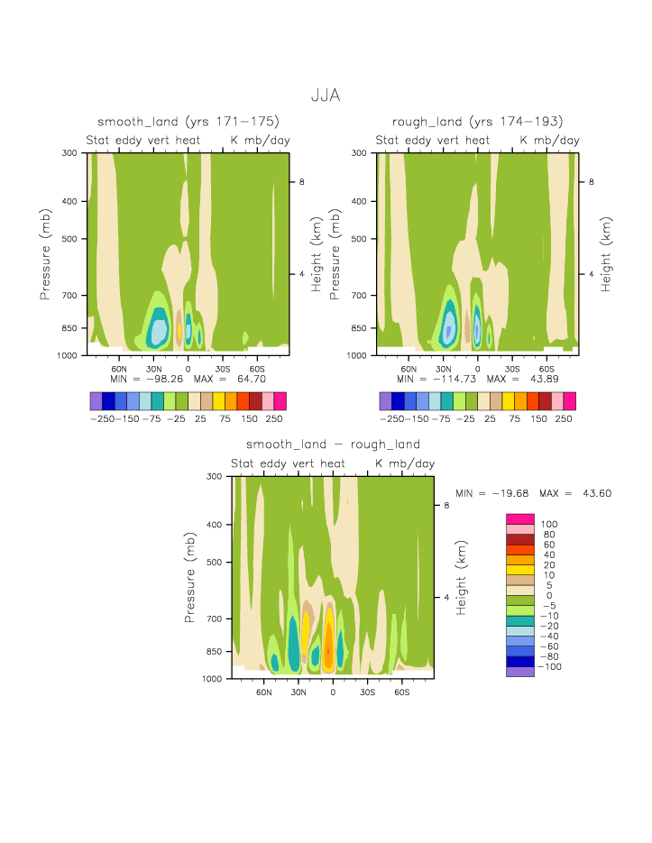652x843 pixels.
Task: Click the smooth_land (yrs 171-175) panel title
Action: tap(188, 122)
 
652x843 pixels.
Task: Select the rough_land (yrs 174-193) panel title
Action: tap(477, 122)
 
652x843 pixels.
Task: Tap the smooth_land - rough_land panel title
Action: tap(333, 444)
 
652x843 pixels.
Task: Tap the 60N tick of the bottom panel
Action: tap(264, 692)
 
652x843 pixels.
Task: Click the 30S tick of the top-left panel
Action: tap(222, 369)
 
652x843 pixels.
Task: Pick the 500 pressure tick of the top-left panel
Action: tap(73, 239)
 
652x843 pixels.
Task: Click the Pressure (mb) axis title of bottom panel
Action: tap(190, 577)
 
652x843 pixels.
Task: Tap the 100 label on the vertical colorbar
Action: tap(548, 524)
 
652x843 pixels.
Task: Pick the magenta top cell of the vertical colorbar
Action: tap(520, 518)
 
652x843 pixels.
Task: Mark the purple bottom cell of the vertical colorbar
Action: tap(520, 671)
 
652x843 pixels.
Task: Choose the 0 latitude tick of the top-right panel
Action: tap(477, 369)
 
